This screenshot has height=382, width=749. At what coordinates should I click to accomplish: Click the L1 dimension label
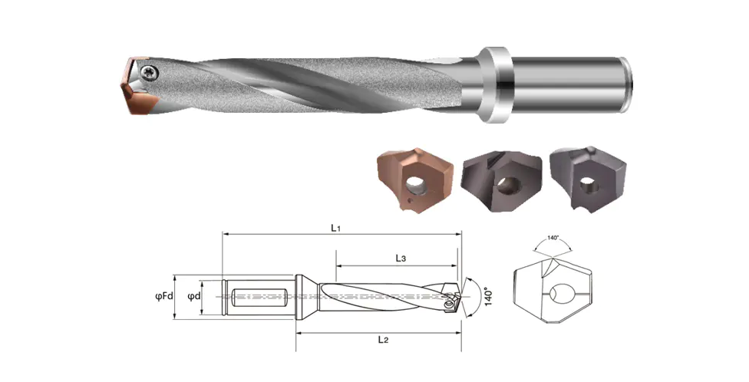(336, 228)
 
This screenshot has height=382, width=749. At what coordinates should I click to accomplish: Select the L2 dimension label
(383, 340)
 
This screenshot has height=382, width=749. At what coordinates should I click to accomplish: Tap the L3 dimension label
(401, 259)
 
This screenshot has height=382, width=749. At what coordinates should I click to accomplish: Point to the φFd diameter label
(164, 296)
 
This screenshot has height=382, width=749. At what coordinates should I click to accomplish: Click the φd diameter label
(194, 296)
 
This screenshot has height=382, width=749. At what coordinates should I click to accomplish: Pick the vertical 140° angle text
(488, 297)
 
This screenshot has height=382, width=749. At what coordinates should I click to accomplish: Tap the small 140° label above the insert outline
(553, 237)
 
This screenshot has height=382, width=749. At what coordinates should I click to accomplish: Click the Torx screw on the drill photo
(149, 73)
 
